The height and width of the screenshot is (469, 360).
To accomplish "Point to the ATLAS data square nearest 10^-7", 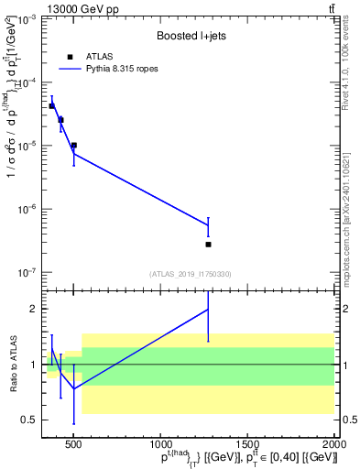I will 208,245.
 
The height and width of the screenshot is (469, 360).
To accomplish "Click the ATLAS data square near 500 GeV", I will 73,145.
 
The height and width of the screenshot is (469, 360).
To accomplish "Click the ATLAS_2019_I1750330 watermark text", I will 190,274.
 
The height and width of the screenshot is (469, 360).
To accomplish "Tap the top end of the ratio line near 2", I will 208,309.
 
